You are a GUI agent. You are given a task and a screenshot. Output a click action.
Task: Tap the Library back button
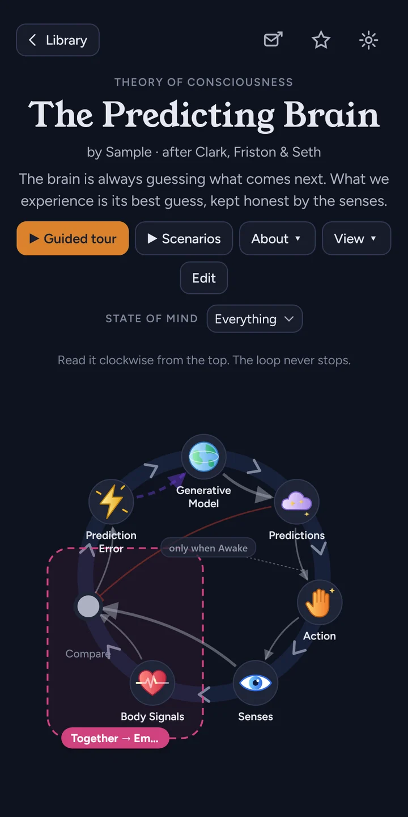pyautogui.click(x=58, y=40)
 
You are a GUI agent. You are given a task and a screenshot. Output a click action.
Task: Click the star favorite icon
pyautogui.click(x=321, y=40)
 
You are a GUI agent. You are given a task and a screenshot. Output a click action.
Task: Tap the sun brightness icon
pyautogui.click(x=369, y=40)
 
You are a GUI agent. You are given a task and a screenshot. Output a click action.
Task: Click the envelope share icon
pyautogui.click(x=273, y=39)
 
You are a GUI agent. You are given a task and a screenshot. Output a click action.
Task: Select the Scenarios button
pyautogui.click(x=184, y=238)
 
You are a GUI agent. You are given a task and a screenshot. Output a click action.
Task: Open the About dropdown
pyautogui.click(x=277, y=238)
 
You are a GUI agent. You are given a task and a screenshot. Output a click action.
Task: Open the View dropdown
pyautogui.click(x=356, y=238)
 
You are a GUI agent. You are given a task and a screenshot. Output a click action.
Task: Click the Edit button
pyautogui.click(x=204, y=278)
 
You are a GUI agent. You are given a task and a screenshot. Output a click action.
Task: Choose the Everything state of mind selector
pyautogui.click(x=254, y=319)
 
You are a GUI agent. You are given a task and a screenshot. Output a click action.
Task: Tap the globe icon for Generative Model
pyautogui.click(x=203, y=456)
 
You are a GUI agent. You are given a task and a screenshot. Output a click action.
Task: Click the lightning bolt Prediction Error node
pyautogui.click(x=111, y=502)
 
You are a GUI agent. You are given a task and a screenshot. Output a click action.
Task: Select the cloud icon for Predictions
pyautogui.click(x=296, y=502)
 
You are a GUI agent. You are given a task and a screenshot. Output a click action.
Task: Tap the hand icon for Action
pyautogui.click(x=320, y=602)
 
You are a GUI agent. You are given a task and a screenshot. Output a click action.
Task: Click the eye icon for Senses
pyautogui.click(x=256, y=683)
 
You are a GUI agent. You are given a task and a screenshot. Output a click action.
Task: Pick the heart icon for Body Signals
pyautogui.click(x=152, y=683)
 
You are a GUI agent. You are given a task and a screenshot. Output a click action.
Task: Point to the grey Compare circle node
pyautogui.click(x=88, y=606)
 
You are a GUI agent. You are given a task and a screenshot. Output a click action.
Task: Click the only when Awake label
pyautogui.click(x=208, y=548)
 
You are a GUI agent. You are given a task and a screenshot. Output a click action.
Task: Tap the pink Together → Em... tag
pyautogui.click(x=115, y=738)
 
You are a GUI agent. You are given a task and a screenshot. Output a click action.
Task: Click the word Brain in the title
pyautogui.click(x=331, y=114)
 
